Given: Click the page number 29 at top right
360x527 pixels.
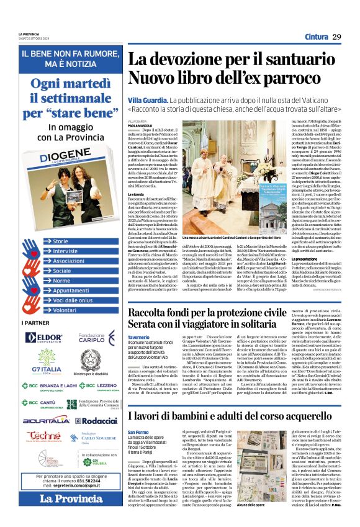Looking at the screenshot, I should pyautogui.click(x=337, y=37).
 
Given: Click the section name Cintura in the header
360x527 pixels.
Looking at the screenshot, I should pyautogui.click(x=315, y=37).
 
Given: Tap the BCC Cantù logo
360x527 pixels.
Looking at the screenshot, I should pyautogui.click(x=40, y=403).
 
